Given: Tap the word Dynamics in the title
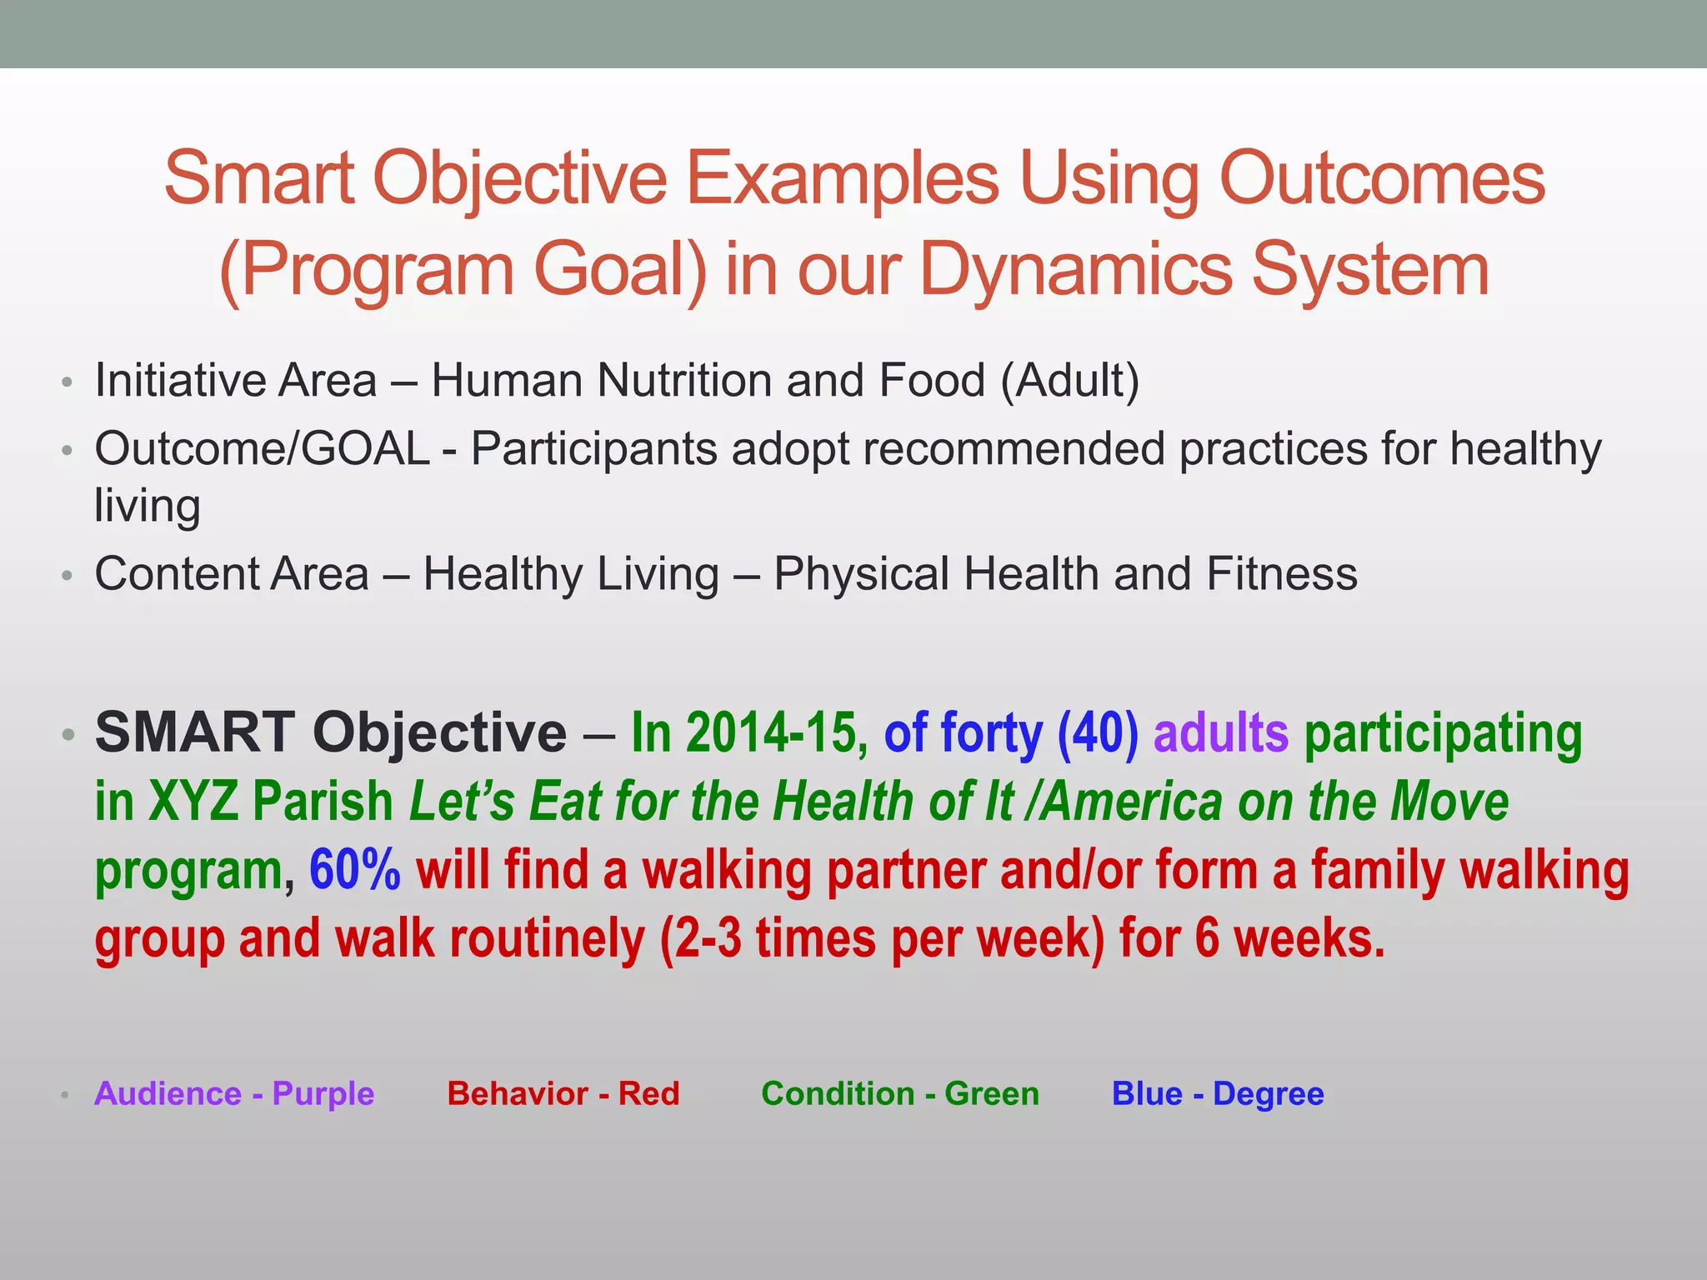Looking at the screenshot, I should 1076,270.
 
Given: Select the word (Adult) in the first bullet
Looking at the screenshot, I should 1069,381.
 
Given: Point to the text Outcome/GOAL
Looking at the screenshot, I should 262,449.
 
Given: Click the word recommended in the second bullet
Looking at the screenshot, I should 1013,449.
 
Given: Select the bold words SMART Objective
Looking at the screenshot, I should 331,732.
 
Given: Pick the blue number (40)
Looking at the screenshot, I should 1098,732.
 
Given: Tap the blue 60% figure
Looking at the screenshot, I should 354,870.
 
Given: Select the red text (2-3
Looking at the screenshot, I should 700,938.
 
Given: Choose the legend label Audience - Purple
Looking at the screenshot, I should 234,1093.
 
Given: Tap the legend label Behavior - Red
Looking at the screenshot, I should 563,1093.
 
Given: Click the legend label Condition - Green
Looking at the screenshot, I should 900,1093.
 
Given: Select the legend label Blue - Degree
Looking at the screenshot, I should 1218,1093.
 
